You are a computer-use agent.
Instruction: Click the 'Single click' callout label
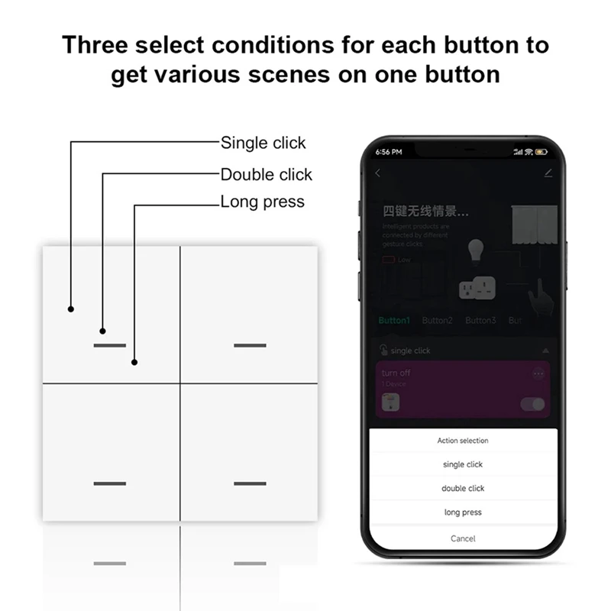[x=263, y=143]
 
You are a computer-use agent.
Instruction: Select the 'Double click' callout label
[x=266, y=175]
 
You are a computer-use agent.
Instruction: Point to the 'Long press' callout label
[x=262, y=202]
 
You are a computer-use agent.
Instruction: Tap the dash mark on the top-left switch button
[x=111, y=345]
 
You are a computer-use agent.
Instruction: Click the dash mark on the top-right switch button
[x=250, y=345]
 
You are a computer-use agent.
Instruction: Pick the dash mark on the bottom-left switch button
[x=111, y=483]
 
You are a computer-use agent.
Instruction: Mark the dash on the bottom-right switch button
[x=250, y=483]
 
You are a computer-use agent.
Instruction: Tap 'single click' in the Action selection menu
[x=463, y=464]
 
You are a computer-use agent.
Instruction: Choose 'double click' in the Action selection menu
[x=463, y=488]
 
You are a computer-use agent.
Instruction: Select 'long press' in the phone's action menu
[x=463, y=512]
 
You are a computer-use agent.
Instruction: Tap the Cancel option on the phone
[x=463, y=538]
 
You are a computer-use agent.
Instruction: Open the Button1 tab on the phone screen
[x=394, y=321]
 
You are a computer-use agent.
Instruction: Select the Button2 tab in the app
[x=437, y=321]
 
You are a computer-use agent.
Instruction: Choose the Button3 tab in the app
[x=480, y=321]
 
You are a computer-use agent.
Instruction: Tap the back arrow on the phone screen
[x=378, y=173]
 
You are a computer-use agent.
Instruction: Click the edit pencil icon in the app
[x=548, y=173]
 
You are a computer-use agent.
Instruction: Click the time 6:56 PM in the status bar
[x=389, y=152]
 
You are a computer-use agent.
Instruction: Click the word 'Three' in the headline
[x=95, y=44]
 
